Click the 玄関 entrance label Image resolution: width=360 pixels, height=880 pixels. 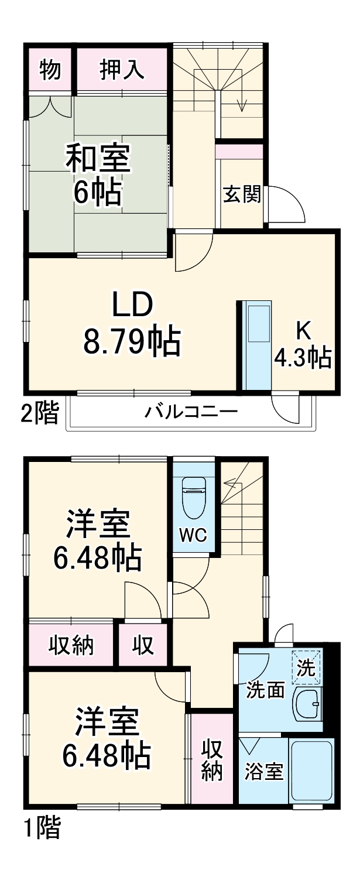[242, 194]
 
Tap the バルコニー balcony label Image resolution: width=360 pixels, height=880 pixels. [191, 412]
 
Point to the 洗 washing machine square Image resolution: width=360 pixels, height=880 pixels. [307, 667]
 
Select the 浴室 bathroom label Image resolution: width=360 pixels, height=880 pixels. [263, 771]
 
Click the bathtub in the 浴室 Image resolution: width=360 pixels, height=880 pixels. [311, 770]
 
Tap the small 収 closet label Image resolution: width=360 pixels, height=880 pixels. [143, 645]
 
